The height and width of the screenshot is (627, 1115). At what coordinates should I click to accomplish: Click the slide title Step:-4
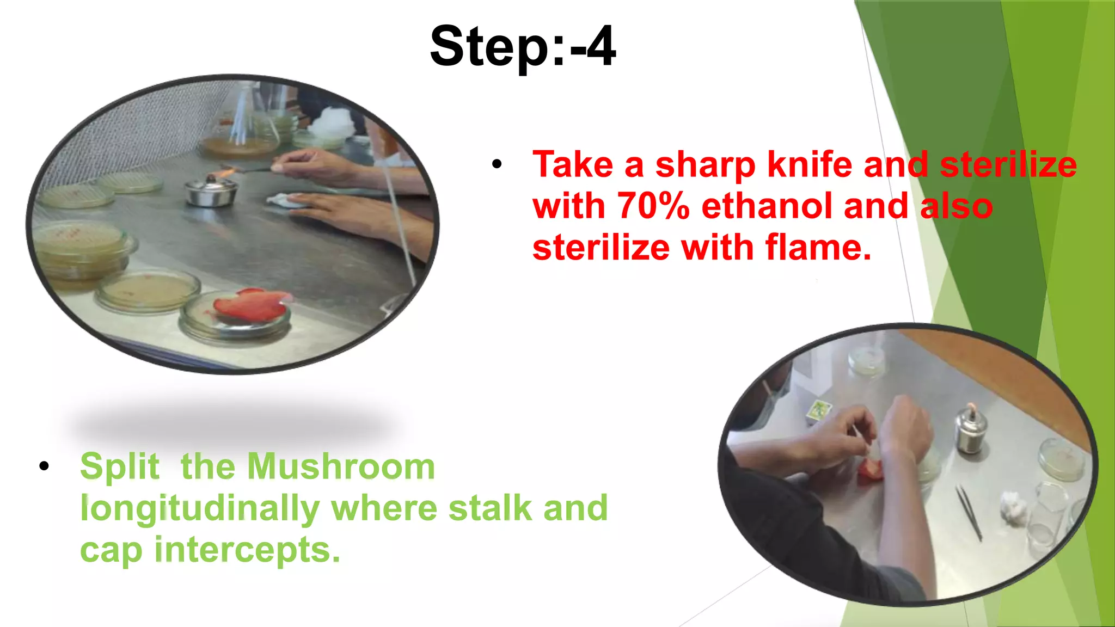[x=523, y=47]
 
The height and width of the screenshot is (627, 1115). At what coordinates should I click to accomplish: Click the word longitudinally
[x=199, y=509]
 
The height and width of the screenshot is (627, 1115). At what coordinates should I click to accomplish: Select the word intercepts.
[x=247, y=550]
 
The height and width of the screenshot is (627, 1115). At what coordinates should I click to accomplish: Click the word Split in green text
[x=120, y=466]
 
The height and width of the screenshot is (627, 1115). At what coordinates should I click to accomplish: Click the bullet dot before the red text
[x=497, y=164]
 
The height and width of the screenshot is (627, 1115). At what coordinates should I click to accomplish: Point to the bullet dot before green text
[x=44, y=466]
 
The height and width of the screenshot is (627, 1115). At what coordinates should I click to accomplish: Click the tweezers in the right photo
[x=969, y=512]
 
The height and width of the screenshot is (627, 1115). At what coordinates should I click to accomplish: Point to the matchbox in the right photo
[x=817, y=410]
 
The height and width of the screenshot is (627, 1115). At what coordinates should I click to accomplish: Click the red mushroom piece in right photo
[x=870, y=469]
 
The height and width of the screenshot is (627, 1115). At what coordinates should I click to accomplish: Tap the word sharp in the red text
[x=705, y=164]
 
